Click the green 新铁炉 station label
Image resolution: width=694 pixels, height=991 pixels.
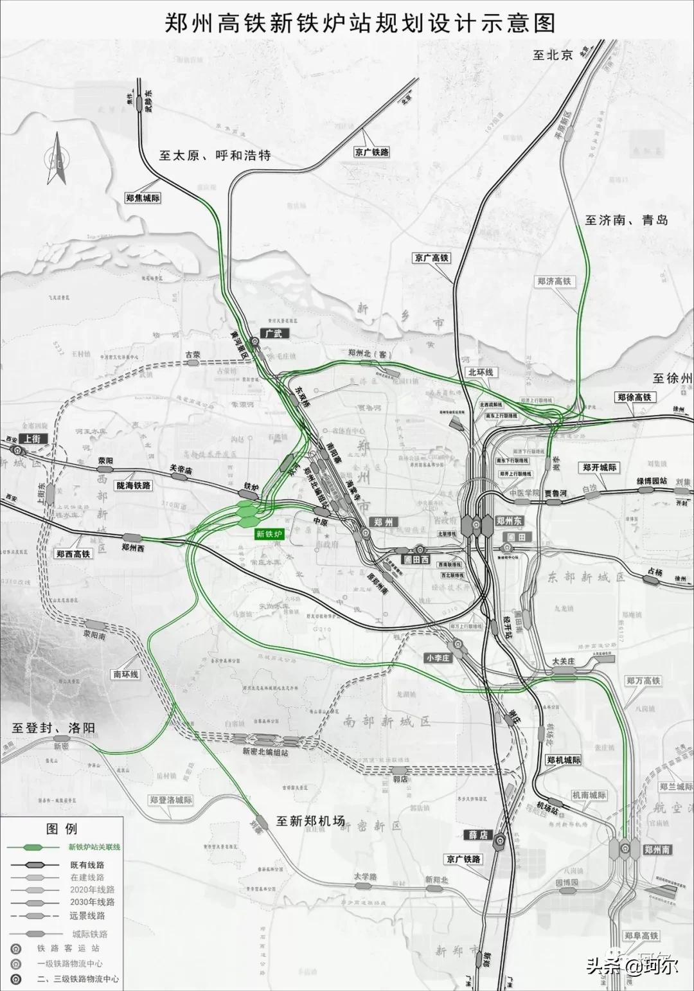269,534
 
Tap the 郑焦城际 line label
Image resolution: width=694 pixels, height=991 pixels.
143,199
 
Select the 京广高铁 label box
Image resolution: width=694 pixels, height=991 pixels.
432,258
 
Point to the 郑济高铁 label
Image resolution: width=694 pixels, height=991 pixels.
554,281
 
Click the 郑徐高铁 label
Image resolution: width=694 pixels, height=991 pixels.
634,397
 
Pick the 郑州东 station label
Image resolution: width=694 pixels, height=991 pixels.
509,521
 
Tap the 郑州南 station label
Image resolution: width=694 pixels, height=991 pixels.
657,850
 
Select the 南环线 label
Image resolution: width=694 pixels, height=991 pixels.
125,674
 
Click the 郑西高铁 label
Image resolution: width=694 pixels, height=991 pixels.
73,553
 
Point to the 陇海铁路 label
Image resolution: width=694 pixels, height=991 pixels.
134,486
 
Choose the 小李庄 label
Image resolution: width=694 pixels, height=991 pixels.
439,658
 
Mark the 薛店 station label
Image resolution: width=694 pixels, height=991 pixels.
478,835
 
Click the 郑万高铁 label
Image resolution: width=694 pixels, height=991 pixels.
643,681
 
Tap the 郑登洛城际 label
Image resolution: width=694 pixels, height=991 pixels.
170,800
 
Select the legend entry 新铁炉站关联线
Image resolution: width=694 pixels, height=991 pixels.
94,846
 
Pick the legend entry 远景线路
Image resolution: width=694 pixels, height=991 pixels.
87,916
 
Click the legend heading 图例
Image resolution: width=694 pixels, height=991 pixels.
62,829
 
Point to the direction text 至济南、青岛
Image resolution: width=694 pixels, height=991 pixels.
626,220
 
